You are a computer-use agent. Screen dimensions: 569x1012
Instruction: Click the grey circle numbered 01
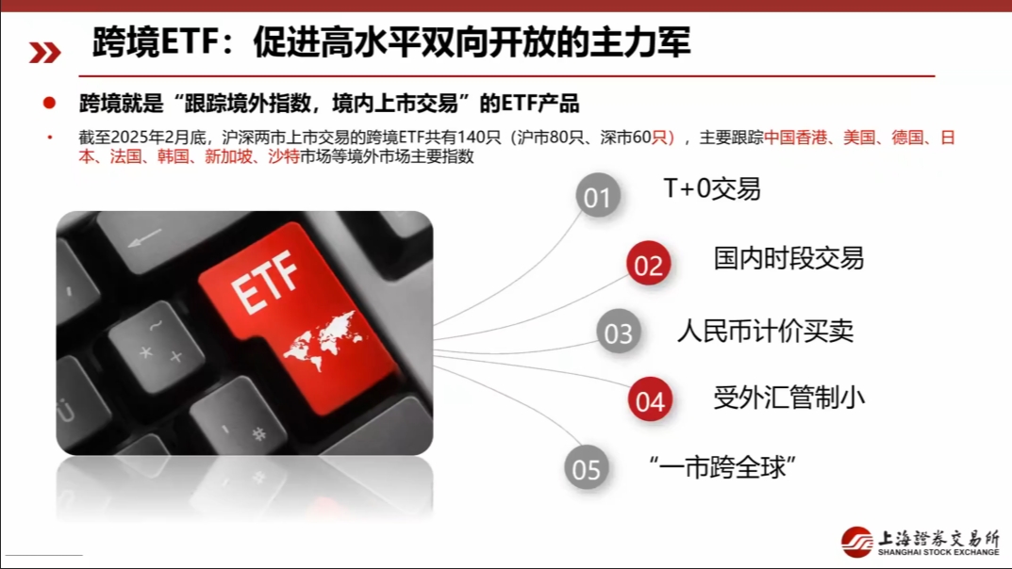pyautogui.click(x=598, y=197)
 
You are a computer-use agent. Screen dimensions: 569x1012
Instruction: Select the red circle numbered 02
pyautogui.click(x=649, y=265)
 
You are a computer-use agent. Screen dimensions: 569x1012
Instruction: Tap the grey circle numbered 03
pyautogui.click(x=619, y=333)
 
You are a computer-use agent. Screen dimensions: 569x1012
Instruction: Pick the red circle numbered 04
pyautogui.click(x=650, y=401)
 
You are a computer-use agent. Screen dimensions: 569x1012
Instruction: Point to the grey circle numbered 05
pyautogui.click(x=586, y=468)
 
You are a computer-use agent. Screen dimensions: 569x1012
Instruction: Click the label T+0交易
pyautogui.click(x=711, y=189)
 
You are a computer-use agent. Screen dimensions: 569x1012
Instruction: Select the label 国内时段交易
pyautogui.click(x=788, y=258)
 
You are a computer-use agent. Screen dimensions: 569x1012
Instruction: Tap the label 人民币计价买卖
pyautogui.click(x=766, y=331)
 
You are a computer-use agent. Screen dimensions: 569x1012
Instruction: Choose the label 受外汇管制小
pyautogui.click(x=788, y=398)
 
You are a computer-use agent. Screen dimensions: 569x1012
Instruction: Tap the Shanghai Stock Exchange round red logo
pyautogui.click(x=857, y=542)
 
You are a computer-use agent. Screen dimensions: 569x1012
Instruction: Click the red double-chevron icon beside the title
pyautogui.click(x=44, y=53)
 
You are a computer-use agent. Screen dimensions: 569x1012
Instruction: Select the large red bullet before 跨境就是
pyautogui.click(x=49, y=103)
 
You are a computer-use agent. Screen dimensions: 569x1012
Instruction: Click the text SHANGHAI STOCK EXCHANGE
pyautogui.click(x=938, y=552)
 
